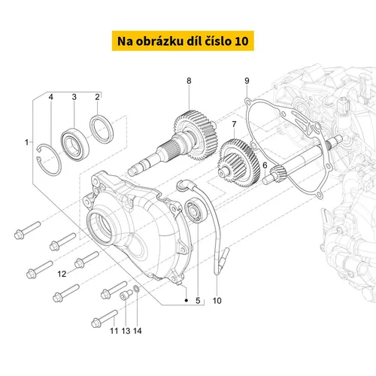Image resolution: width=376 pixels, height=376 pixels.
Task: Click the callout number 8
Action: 189,81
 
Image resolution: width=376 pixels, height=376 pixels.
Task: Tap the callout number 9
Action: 247,81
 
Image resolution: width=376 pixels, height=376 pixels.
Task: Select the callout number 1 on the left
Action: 26,142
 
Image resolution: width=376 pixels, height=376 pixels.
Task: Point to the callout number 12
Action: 62,274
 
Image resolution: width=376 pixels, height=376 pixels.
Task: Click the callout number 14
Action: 138,331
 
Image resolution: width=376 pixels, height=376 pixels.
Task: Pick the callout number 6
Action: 265,165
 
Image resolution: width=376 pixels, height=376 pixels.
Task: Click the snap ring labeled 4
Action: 49,160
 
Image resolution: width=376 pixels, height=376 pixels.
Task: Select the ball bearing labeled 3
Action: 75,144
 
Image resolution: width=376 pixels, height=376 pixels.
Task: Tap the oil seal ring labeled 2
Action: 102,129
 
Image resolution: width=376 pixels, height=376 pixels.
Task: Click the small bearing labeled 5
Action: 196,210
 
